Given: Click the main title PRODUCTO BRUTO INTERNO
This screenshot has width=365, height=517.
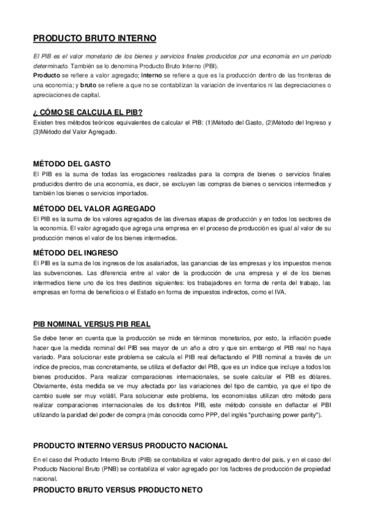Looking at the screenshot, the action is coord(94,38).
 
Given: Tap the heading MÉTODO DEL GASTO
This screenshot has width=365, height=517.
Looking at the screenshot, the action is coord(71,163).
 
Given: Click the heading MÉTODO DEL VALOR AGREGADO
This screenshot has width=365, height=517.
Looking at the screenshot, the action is coord(94,208).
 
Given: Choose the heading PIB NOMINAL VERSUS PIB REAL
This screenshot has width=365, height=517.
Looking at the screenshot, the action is coord(91,323).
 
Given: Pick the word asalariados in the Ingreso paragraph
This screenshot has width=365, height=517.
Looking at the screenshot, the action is coord(146,262).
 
